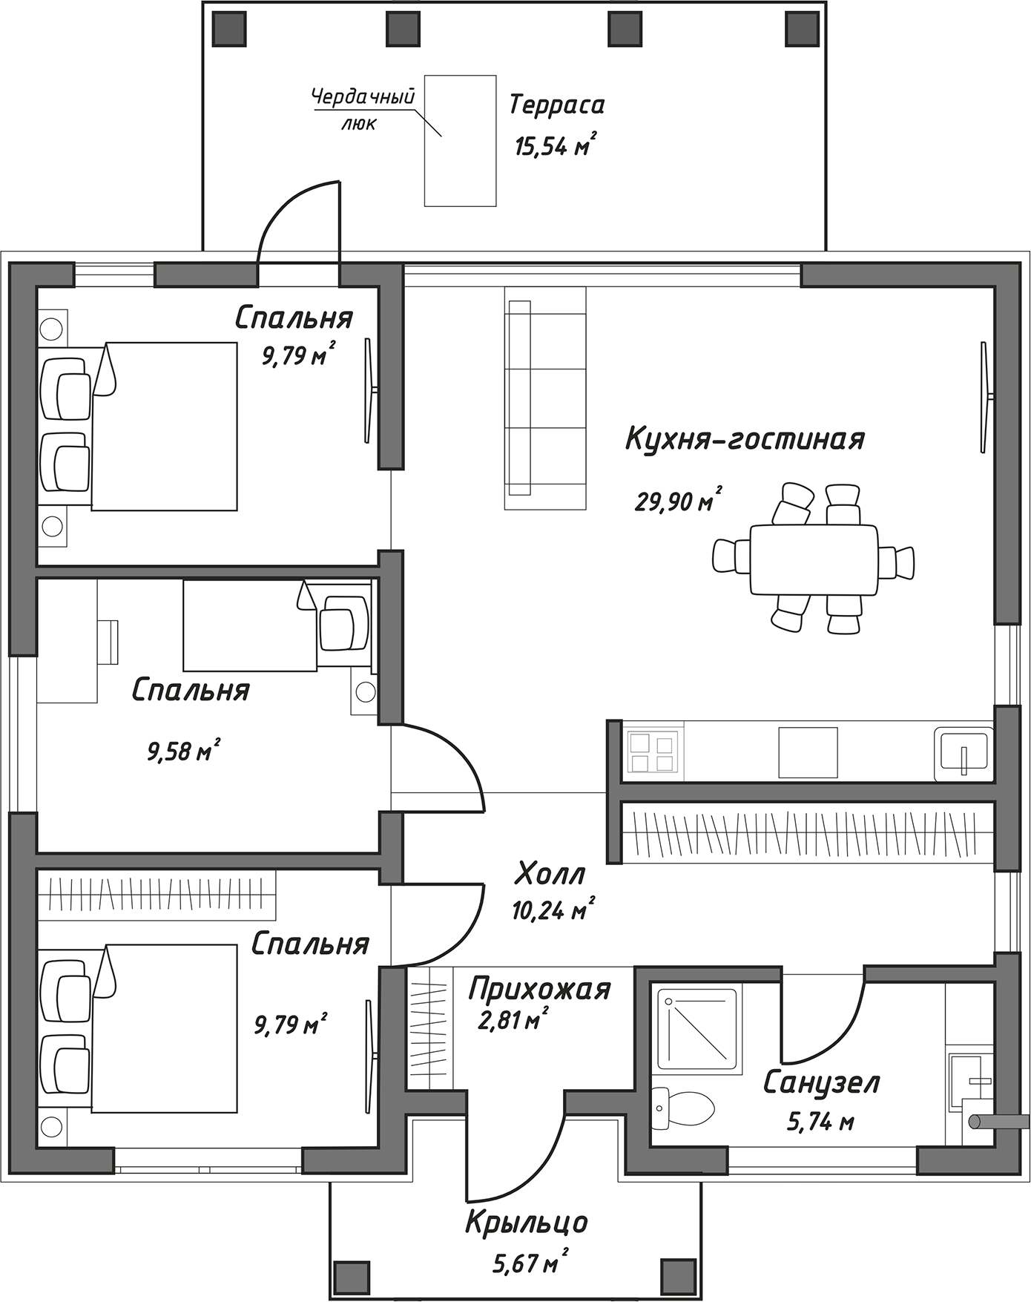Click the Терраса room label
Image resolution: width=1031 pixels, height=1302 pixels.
[x=556, y=105]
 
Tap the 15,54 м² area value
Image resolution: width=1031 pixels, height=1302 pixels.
[x=556, y=145]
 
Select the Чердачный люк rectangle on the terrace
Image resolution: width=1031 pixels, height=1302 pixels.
[x=460, y=140]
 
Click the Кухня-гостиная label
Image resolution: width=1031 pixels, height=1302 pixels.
[x=745, y=438]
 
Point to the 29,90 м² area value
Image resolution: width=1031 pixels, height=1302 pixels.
[x=678, y=500]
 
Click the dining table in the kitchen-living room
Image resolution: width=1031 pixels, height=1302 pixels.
[x=814, y=559]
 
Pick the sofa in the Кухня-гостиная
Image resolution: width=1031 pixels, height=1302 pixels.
[x=545, y=398]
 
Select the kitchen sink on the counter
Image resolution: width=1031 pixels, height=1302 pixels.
[x=964, y=752]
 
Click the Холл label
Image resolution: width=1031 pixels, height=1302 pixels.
[x=550, y=873]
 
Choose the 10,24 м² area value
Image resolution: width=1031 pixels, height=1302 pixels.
[x=553, y=910]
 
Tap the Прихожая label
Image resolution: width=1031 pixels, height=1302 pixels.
[x=539, y=990]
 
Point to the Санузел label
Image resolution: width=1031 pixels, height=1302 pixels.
[x=821, y=1082]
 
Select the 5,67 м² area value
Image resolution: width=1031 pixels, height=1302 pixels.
[x=530, y=1261]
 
